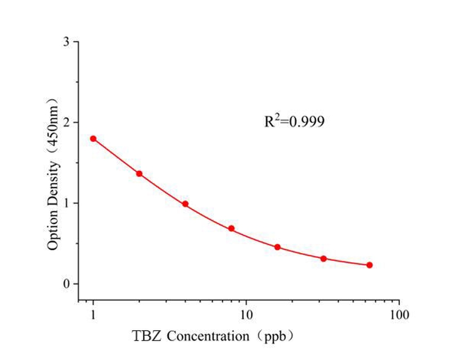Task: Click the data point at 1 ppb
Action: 93,138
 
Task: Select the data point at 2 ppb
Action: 139,174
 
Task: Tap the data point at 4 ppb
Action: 185,204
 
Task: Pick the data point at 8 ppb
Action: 231,228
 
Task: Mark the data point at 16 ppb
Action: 277,247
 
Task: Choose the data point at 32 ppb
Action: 323,259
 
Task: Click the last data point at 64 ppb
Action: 370,265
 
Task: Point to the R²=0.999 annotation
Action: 294,121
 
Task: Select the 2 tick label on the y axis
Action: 66,122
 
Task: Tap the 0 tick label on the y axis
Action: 66,283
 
